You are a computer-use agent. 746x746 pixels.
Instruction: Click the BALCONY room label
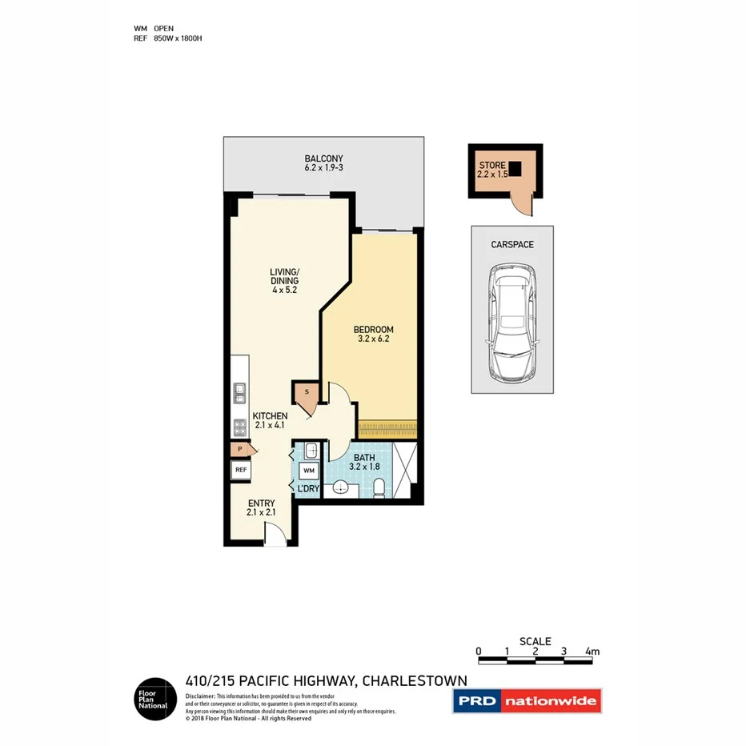pyautogui.click(x=323, y=163)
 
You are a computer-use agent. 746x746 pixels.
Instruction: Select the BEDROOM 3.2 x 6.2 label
pyautogui.click(x=374, y=334)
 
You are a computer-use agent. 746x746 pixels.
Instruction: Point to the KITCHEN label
pyautogui.click(x=270, y=420)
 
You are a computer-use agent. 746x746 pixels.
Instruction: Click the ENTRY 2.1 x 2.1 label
pyautogui.click(x=261, y=508)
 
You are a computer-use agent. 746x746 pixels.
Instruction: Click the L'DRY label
pyautogui.click(x=309, y=488)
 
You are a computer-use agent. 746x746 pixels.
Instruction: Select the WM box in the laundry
pyautogui.click(x=309, y=470)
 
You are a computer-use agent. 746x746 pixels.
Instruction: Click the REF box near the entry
pyautogui.click(x=240, y=471)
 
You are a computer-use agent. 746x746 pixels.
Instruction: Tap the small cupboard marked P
pyautogui.click(x=239, y=450)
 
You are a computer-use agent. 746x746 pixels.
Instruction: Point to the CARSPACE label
pyautogui.click(x=512, y=244)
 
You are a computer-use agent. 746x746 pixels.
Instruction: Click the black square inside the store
pyautogui.click(x=515, y=169)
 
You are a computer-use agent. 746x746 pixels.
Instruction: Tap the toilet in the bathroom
pyautogui.click(x=379, y=487)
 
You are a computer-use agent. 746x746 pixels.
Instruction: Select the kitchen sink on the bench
pyautogui.click(x=239, y=393)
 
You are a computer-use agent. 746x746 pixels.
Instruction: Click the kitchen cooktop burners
pyautogui.click(x=239, y=427)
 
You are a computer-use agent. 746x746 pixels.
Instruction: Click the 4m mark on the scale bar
pyautogui.click(x=592, y=652)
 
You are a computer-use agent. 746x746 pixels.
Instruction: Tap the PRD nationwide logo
pyautogui.click(x=527, y=702)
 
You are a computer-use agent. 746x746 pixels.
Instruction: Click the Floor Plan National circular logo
pyautogui.click(x=154, y=699)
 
